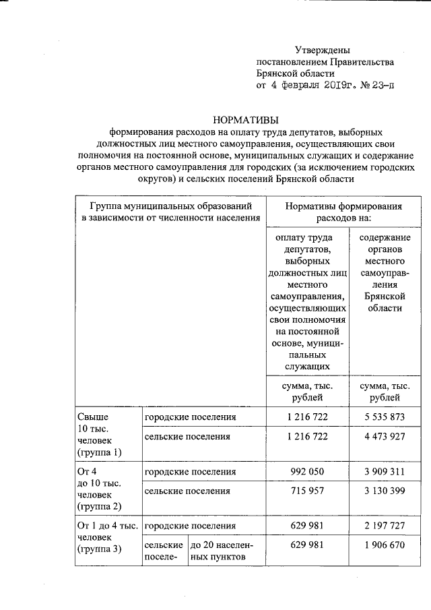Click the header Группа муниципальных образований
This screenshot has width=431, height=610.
click(x=170, y=206)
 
